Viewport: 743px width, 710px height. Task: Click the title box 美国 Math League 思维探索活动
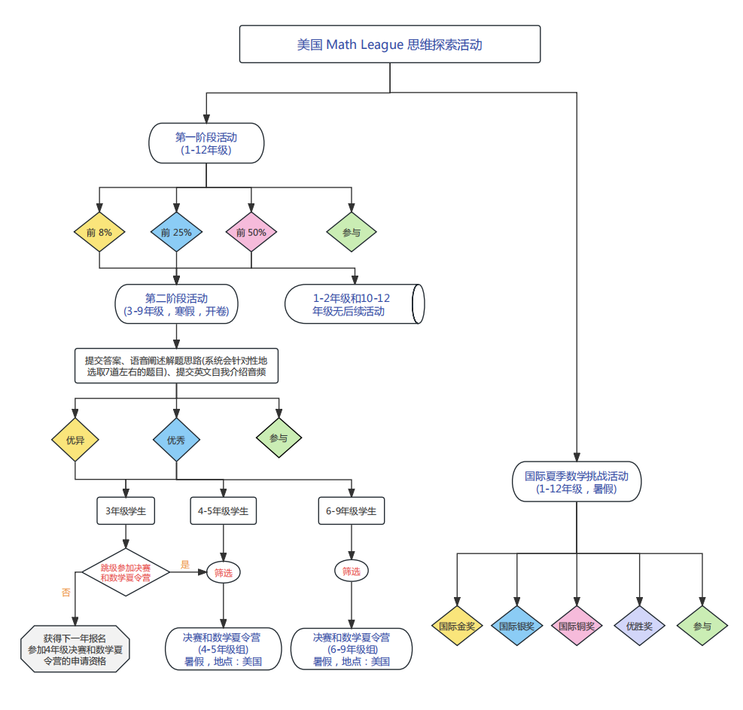390,44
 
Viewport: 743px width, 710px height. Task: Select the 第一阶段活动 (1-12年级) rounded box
206,143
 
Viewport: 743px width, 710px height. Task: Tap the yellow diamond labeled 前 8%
99,233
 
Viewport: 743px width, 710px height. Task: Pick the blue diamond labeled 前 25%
176,233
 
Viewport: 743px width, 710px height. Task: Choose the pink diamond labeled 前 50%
251,233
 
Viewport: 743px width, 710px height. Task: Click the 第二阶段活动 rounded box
176,304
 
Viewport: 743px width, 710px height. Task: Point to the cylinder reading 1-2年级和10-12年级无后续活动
354,304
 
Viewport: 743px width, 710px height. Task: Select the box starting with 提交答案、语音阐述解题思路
176,366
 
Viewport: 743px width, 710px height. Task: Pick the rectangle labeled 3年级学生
125,511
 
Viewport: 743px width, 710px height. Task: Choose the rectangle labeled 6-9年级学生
352,511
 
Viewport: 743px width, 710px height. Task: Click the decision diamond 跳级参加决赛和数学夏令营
125,572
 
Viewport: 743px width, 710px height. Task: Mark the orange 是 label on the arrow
185,563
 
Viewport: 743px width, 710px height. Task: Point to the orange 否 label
66,593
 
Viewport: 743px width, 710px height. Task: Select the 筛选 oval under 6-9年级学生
352,571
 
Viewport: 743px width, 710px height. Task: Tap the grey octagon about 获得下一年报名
75,649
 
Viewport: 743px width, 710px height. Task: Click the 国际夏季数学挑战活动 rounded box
577,482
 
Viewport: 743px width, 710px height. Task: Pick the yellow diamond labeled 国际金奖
457,626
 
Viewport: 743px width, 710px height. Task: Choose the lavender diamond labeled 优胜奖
639,626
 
